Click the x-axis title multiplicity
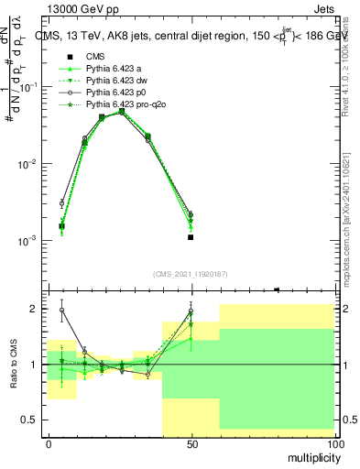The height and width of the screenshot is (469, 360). click(308, 455)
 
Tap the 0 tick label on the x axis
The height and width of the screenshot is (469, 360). click(49, 443)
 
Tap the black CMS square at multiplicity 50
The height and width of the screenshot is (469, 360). click(191, 237)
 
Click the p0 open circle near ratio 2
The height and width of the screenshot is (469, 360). click(62, 310)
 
